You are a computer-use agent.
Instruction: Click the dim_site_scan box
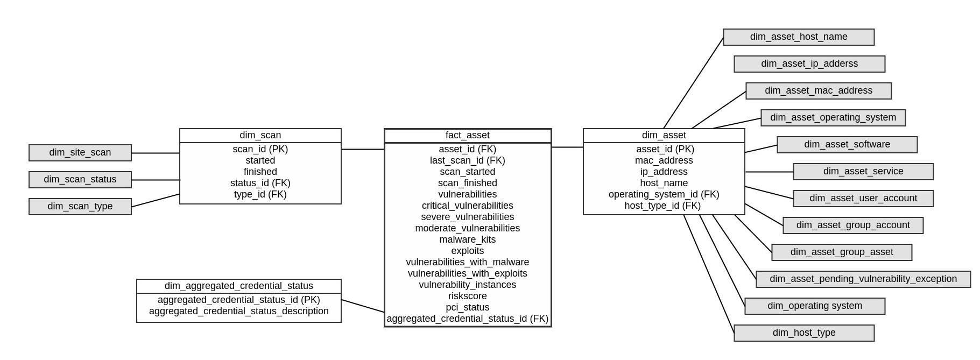coord(80,153)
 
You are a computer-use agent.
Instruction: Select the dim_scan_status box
coord(80,180)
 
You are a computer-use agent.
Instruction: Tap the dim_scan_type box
coord(80,207)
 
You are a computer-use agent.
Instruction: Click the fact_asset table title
coord(467,136)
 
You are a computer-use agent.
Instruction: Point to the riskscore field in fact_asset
coord(467,296)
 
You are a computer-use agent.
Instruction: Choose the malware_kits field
coord(467,239)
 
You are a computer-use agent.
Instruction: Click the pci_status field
coord(467,307)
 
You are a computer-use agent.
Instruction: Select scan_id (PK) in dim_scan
coord(260,149)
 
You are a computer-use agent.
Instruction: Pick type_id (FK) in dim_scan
coord(260,194)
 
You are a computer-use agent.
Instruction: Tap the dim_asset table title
coord(664,136)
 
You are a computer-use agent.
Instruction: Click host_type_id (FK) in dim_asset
coord(662,206)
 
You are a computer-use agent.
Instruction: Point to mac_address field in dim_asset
coord(664,160)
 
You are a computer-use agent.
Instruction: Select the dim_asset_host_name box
coord(798,37)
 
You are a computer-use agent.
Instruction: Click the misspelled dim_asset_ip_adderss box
coord(809,64)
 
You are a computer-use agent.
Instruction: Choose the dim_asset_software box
coord(847,145)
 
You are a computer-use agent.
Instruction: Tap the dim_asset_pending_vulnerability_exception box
coord(863,279)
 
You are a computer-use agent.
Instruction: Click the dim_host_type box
coord(803,333)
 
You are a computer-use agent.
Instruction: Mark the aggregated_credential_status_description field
coord(238,311)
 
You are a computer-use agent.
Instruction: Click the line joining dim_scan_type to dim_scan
coord(156,200)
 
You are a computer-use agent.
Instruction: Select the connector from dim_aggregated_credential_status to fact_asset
coord(363,306)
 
